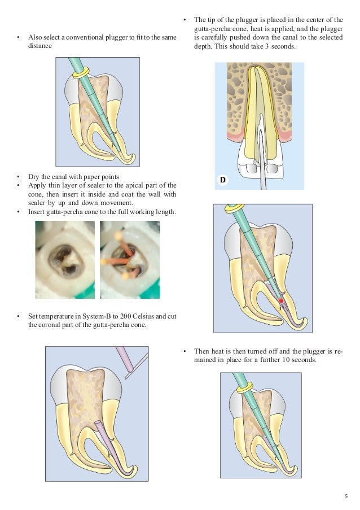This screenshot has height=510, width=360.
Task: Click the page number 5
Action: coord(346,496)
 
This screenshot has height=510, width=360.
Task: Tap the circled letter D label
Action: coord(223,180)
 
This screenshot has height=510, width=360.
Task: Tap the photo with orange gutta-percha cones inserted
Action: coord(129,259)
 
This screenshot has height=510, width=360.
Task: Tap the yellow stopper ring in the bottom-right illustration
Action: coord(244,390)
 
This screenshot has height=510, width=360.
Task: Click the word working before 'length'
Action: coord(139,212)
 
